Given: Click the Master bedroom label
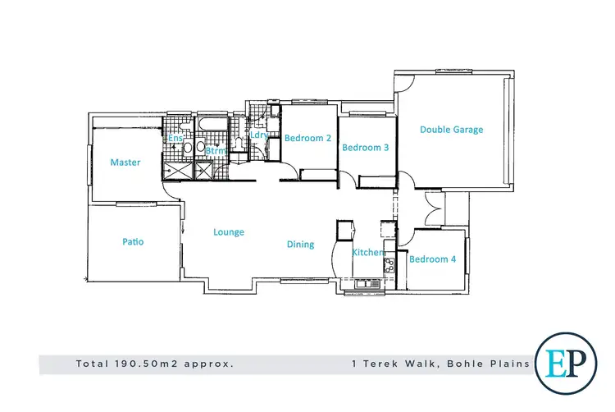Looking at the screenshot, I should click(x=125, y=163).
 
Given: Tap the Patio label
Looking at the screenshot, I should click(x=133, y=242).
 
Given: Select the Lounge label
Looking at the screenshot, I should click(x=229, y=232).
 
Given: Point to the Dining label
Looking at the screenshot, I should click(x=300, y=245).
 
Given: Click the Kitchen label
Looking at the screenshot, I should click(x=368, y=253).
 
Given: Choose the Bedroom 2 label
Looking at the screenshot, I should click(x=307, y=139).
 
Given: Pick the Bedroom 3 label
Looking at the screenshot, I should click(x=365, y=148).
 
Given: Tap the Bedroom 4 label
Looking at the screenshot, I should click(x=432, y=259).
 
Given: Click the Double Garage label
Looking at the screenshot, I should click(x=451, y=130).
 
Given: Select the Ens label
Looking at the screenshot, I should click(x=175, y=139).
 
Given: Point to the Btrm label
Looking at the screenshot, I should click(x=215, y=151).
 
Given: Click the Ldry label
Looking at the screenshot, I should click(x=260, y=135).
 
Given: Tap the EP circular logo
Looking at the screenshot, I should click(x=565, y=362).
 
